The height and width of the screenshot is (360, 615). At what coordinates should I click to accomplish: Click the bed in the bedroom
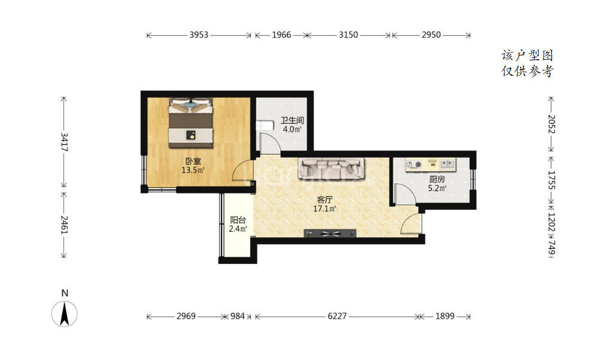coord(192,123)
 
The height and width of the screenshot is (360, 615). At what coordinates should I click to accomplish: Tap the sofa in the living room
coord(331,168)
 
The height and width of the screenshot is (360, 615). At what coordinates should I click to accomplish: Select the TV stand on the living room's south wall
coord(330,233)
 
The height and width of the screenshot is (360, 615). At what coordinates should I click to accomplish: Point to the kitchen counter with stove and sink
coord(430,164)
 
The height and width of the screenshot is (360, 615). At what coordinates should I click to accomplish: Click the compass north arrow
coord(64,314)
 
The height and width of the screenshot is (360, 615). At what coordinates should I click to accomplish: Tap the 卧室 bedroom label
coord(193,161)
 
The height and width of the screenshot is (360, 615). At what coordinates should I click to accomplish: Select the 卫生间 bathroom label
coord(292,121)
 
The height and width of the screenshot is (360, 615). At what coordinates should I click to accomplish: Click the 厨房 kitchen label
coord(437,179)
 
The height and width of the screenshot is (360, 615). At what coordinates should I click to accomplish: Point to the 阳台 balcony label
coord(238,220)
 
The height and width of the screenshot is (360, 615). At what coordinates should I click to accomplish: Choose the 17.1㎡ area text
coord(324,208)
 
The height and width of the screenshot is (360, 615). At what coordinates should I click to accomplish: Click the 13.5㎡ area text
coord(193,170)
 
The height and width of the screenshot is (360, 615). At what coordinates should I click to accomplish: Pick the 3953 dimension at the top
coord(199,35)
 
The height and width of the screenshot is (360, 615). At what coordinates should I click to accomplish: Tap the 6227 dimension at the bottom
coord(337,316)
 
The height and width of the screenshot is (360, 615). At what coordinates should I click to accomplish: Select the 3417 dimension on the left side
coord(64,142)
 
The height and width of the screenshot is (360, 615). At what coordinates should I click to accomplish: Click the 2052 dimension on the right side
coord(552,124)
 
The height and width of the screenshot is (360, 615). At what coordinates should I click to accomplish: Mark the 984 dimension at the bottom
coord(237,316)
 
